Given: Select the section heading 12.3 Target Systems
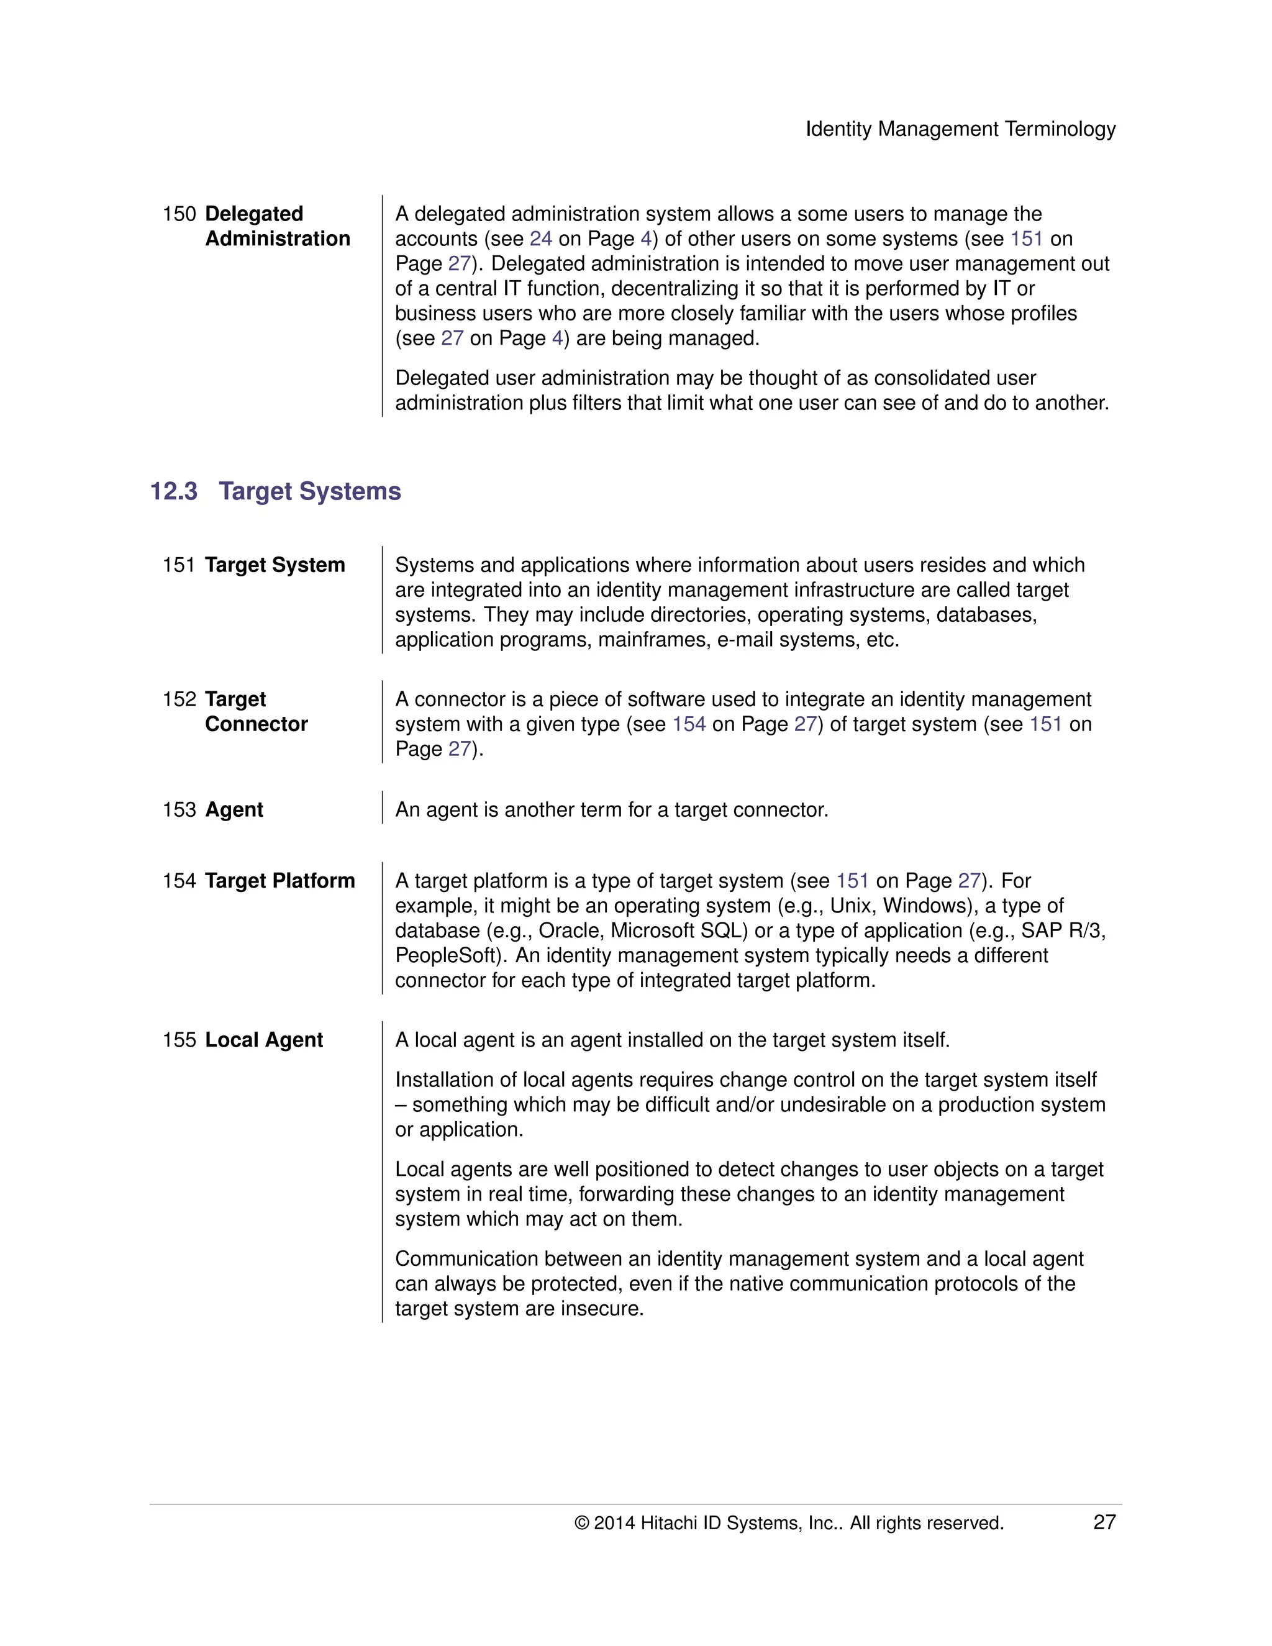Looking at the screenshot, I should (275, 491).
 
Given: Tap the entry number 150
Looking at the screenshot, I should (179, 214).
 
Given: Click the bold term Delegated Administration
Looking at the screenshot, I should (276, 226).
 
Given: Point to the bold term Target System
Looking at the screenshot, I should (275, 565).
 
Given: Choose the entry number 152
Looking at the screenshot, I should (179, 699).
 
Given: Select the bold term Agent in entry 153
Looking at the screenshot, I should (234, 809).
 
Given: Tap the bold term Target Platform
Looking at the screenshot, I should (279, 880).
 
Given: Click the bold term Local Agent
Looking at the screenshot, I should (264, 1039).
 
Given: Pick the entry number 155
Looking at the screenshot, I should (179, 1039).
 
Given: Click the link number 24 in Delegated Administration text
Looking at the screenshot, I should (540, 239).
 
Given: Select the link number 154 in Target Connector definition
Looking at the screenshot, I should (689, 724).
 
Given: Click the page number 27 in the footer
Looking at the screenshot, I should (1104, 1522).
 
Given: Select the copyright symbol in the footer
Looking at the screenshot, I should (581, 1523).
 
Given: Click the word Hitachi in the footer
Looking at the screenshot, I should (668, 1523).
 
